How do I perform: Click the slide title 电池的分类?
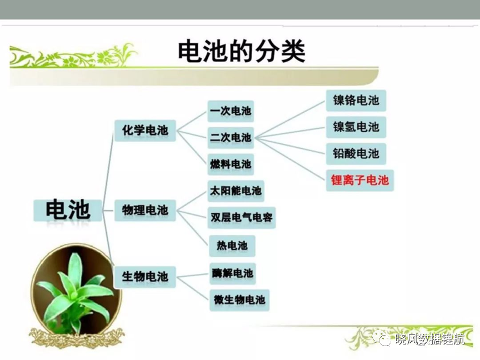coord(242,51)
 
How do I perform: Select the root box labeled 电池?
coord(68,211)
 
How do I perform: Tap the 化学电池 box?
coord(145,131)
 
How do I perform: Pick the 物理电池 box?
coord(145,211)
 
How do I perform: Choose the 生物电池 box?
coord(145,277)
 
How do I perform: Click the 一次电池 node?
coord(231,111)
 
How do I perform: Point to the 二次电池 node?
coord(231,138)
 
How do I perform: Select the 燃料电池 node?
coord(231,164)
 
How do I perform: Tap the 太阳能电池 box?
coord(236,191)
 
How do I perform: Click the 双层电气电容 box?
coord(242,218)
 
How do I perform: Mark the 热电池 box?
coord(232,246)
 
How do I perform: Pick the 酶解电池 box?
coord(233,273)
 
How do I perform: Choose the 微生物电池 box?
coord(239,301)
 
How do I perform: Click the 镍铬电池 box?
coord(356,101)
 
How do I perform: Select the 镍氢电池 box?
coord(356,127)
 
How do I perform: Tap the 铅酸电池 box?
coord(356,154)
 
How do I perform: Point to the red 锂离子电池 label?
coord(359,181)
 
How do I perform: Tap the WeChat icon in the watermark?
coord(382,338)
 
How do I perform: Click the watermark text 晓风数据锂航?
coord(430,338)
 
